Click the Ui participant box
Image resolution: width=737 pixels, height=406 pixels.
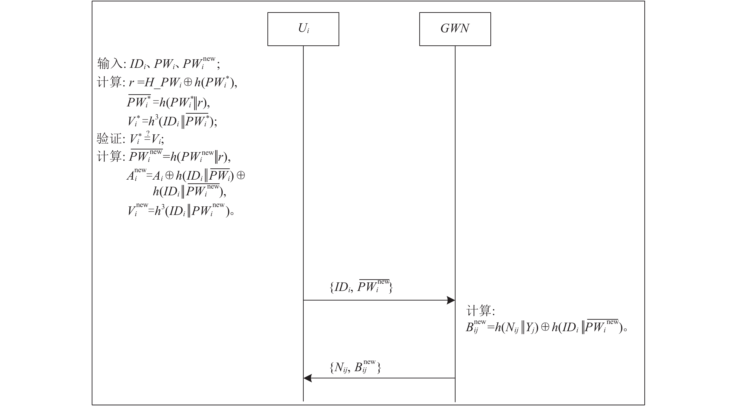coord(303,29)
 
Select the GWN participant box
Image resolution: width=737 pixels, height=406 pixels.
coord(455,29)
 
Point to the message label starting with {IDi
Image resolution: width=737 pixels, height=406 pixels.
coord(361,286)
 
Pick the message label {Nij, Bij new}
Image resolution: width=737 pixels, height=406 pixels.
coord(355,367)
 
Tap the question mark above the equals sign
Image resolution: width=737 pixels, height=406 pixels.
coord(148,133)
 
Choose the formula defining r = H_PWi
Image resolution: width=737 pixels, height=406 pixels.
coord(183,83)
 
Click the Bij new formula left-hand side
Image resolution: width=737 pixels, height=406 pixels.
coord(475,327)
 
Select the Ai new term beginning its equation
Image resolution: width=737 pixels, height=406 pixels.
coord(136,175)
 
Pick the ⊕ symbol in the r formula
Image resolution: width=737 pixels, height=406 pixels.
coord(188,82)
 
